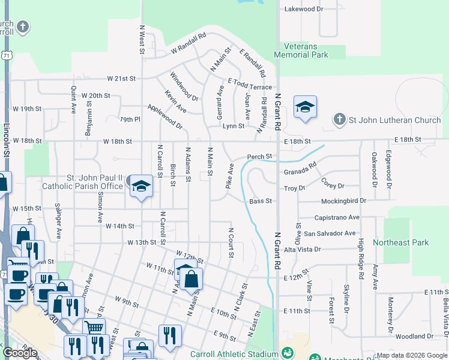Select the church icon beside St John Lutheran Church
click(x=339, y=119)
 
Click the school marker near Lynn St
click(x=305, y=107)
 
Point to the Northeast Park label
click(x=400, y=242)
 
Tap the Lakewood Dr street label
click(x=304, y=9)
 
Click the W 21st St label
click(x=122, y=79)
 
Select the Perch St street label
click(x=261, y=157)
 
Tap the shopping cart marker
click(x=94, y=327)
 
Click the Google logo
click(x=20, y=353)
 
